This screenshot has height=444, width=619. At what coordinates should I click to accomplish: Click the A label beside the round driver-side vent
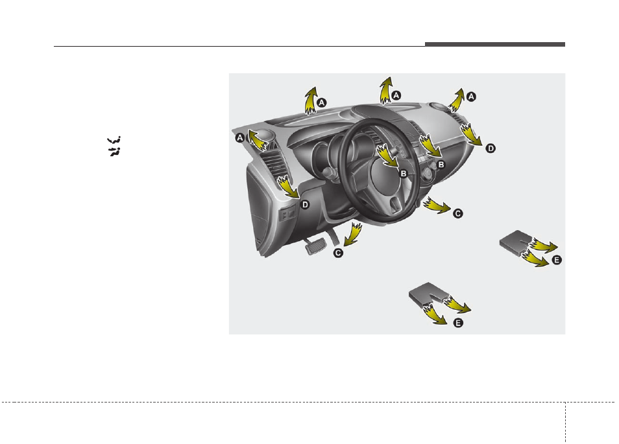tap(239, 137)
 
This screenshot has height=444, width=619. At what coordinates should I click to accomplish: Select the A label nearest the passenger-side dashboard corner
tap(472, 96)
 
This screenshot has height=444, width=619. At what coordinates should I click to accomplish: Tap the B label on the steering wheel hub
tap(403, 173)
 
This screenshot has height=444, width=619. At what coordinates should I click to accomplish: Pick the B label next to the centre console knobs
tap(441, 165)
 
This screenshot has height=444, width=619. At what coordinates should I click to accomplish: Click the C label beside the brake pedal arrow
tap(338, 253)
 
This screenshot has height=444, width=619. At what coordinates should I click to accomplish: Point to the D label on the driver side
tap(305, 205)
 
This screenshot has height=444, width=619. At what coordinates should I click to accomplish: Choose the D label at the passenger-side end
tap(491, 148)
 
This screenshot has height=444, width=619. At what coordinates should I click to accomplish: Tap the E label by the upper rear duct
tap(556, 260)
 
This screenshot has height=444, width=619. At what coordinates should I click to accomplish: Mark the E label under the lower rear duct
tap(458, 322)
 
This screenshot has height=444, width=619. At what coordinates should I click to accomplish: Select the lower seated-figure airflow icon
tap(115, 152)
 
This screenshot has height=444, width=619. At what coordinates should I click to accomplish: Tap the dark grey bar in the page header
tap(495, 45)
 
